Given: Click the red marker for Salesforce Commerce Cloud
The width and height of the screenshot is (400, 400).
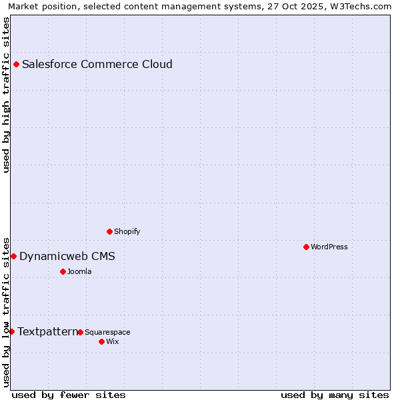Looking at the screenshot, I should click(17, 65).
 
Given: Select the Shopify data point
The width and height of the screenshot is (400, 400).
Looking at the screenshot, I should click(110, 232).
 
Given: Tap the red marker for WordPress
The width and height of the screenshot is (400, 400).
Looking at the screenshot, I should click(307, 247).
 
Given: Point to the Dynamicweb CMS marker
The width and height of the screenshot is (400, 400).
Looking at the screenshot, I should click(13, 257).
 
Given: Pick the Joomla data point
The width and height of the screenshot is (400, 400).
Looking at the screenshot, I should click(63, 272).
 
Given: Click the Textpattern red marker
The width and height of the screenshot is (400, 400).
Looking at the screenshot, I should click(11, 332).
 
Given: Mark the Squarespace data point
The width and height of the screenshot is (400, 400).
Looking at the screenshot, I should click(81, 333).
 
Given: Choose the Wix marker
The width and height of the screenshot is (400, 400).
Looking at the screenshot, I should click(102, 342).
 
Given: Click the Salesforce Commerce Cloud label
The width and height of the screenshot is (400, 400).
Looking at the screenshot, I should click(97, 65).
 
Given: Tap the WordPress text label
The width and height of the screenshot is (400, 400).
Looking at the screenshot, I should click(329, 247).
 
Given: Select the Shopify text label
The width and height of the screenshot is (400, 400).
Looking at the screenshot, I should click(127, 232).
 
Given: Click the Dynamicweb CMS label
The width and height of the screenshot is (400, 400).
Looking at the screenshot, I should click(67, 257).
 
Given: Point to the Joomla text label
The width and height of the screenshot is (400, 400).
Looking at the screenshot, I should click(79, 272).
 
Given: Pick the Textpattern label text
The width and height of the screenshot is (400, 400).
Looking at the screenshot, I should click(47, 332).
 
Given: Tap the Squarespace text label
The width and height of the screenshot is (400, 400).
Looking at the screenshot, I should click(107, 333).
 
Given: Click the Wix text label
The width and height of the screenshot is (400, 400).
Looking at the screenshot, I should click(112, 342).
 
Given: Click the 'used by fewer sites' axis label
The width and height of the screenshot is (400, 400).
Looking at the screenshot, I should click(69, 395).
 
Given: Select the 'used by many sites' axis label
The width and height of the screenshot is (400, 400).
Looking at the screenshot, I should click(335, 395).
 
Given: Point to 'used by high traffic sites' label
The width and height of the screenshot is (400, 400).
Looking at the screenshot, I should click(7, 94).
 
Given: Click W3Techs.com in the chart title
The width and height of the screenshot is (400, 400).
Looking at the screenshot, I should click(358, 6).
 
